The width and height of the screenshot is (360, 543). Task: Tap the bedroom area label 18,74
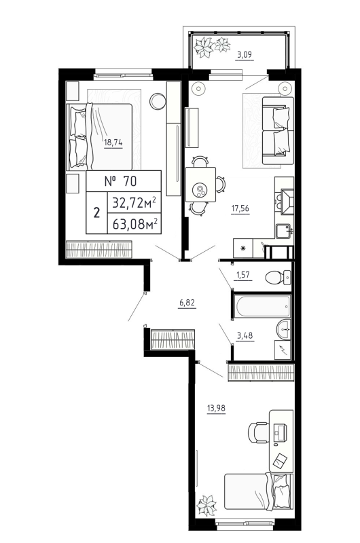[x=113, y=143]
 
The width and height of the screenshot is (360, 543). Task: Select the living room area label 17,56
[x=240, y=210]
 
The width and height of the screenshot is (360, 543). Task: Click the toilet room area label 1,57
[x=244, y=275]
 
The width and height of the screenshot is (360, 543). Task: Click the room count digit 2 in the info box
[x=96, y=212]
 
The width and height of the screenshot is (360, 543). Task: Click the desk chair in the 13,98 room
[x=257, y=431]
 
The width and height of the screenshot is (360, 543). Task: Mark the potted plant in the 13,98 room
[x=204, y=506]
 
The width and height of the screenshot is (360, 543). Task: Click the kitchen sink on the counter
[x=284, y=229]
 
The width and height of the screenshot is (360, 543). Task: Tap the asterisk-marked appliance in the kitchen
[x=242, y=247]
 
